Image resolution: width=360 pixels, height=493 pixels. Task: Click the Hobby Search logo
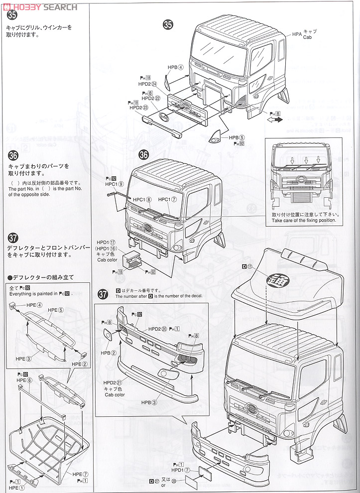coord(40,6)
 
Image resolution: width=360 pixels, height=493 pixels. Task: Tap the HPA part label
coord(297,34)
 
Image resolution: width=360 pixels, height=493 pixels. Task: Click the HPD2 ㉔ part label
coord(147,84)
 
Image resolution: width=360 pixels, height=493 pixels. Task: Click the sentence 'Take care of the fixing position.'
coord(304,220)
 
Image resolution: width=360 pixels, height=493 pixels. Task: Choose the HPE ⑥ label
coord(24,380)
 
